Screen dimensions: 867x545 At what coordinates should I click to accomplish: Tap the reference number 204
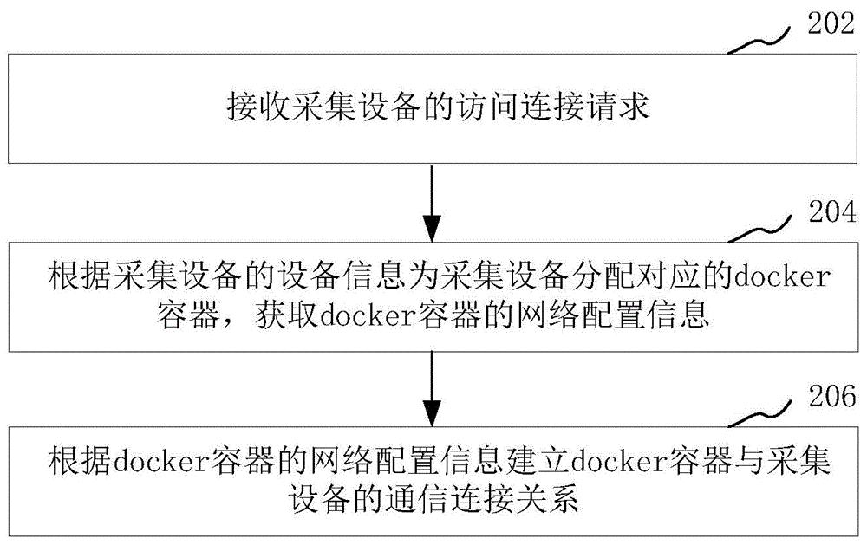(832, 211)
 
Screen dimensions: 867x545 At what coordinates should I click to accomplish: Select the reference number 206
(832, 396)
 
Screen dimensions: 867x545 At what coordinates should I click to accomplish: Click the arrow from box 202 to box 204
(432, 202)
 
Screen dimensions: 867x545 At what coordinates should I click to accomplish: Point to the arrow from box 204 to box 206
(432, 388)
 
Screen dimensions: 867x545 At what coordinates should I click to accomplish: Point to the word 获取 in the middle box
(285, 315)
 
